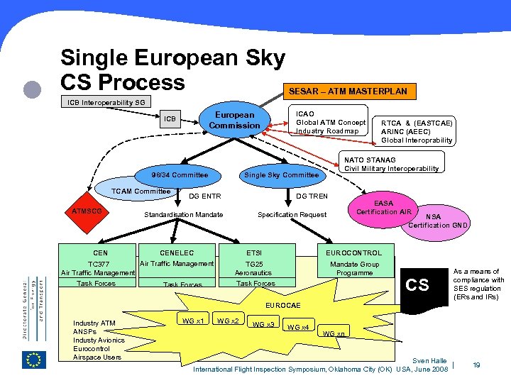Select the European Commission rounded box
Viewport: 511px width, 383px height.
click(x=234, y=120)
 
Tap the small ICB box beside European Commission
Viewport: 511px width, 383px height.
click(x=171, y=118)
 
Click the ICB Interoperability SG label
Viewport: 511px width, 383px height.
click(x=106, y=102)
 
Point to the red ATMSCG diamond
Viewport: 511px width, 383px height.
click(x=87, y=211)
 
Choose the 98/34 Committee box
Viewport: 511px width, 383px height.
click(x=180, y=174)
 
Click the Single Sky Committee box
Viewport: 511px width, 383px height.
click(x=281, y=174)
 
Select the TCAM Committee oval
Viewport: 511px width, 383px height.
click(x=142, y=191)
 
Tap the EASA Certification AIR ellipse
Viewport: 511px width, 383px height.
click(x=384, y=207)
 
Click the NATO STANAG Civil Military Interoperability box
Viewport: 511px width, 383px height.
click(x=391, y=165)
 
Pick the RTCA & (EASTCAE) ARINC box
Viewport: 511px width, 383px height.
click(x=417, y=131)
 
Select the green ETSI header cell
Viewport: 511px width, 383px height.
click(x=254, y=252)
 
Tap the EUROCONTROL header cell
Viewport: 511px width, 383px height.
click(x=354, y=252)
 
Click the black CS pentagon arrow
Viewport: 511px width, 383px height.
click(x=419, y=284)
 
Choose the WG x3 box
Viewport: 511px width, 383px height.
click(x=264, y=324)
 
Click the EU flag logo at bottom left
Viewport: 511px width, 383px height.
click(x=33, y=360)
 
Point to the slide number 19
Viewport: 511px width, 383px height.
click(x=477, y=365)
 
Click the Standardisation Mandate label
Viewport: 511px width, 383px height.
click(x=184, y=214)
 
